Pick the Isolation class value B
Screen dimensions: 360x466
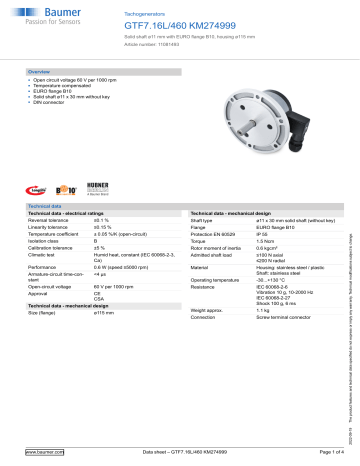[x=95, y=241]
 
